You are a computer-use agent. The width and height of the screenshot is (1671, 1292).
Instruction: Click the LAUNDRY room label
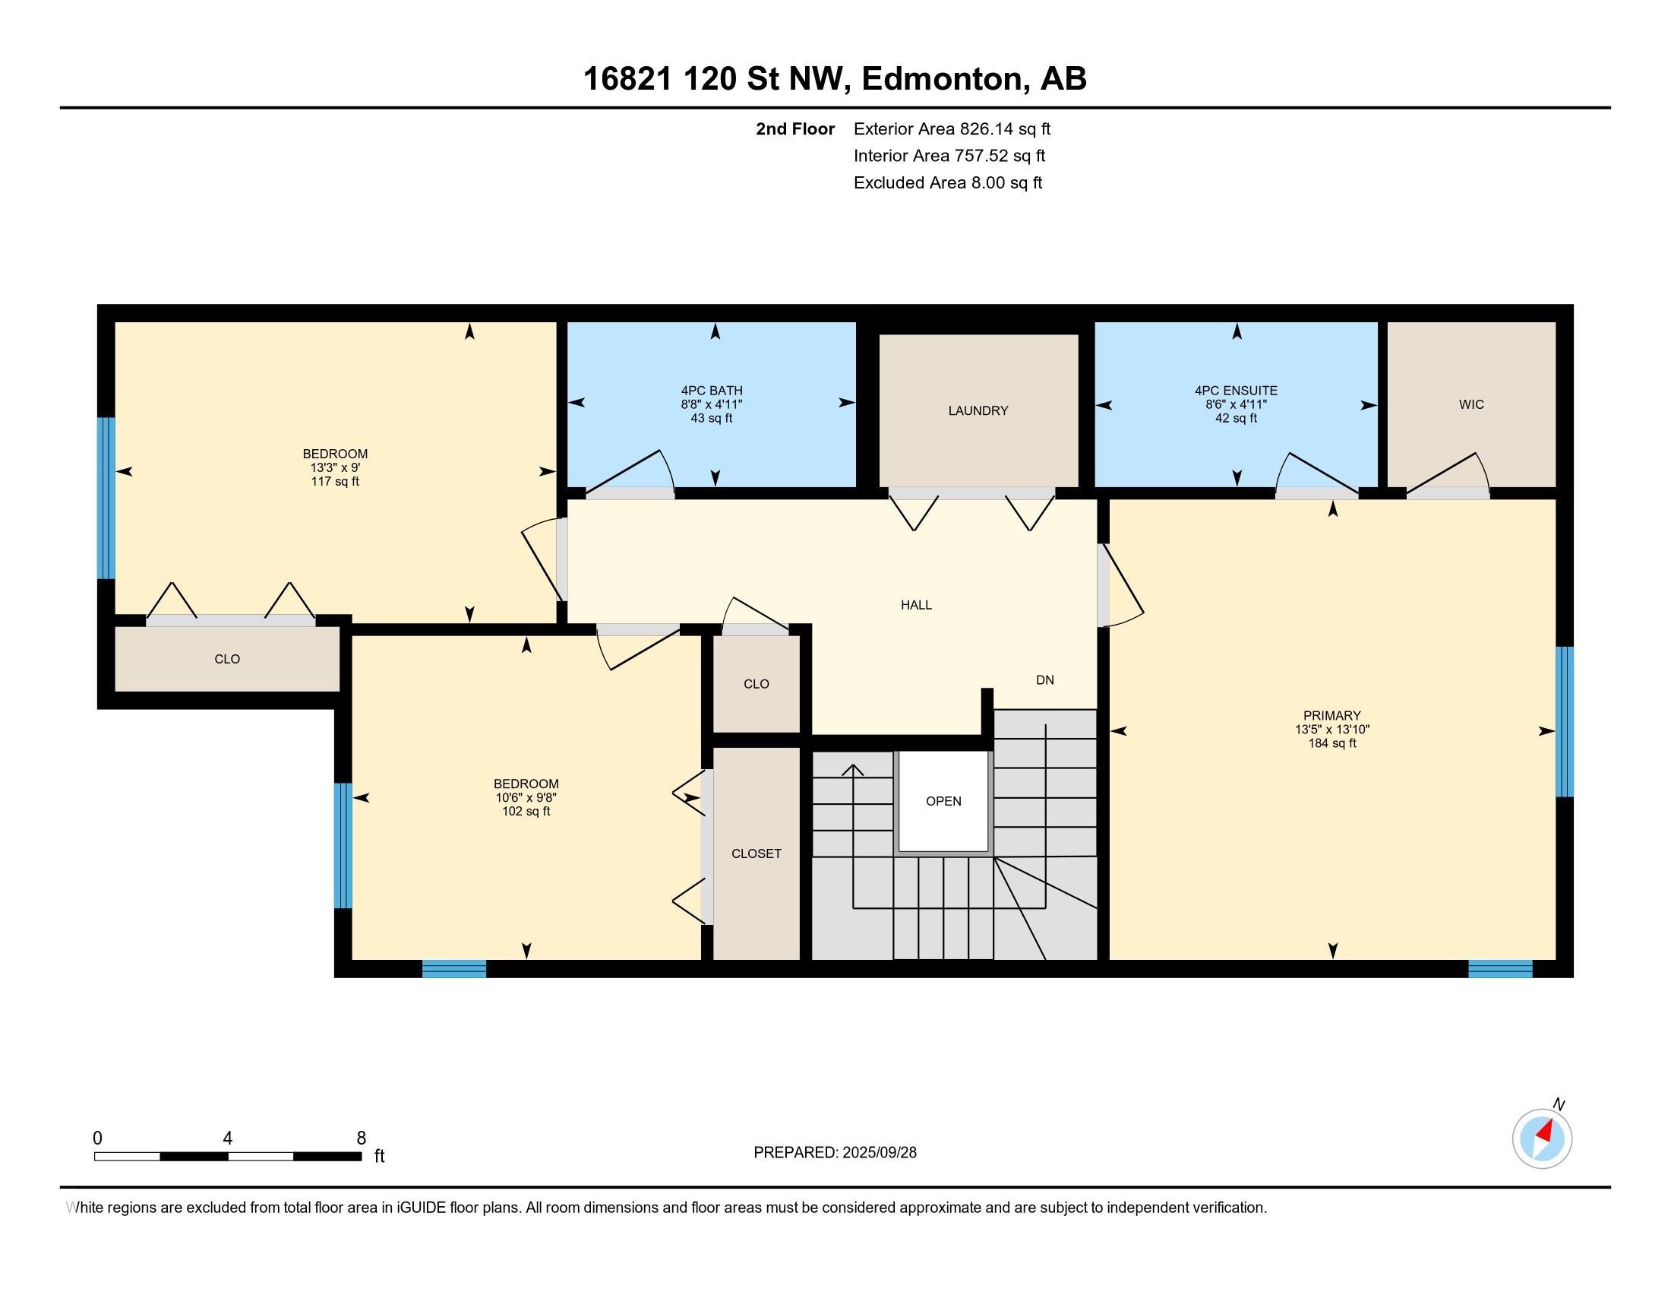[978, 411]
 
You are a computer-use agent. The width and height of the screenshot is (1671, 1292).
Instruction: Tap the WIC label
[1471, 405]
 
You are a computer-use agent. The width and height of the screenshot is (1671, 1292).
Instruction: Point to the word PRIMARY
[1332, 716]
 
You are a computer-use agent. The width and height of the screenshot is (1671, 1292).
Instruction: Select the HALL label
[916, 606]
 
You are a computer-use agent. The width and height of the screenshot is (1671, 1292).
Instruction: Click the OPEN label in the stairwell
[943, 801]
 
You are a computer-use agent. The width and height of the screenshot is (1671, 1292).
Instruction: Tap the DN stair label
[1045, 679]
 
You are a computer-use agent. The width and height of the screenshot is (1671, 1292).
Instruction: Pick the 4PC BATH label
[712, 391]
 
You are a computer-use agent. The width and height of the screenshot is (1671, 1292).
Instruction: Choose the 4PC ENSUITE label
[1237, 391]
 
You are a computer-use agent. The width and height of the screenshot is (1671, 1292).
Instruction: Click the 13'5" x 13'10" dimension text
[1332, 730]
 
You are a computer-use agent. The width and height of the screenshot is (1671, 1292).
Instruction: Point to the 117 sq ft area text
[335, 481]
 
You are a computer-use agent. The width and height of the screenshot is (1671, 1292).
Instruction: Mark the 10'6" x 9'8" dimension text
[526, 797]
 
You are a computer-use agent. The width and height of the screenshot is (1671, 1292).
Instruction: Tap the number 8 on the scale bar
[361, 1138]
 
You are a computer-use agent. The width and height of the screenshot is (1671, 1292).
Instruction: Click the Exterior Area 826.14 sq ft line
[952, 128]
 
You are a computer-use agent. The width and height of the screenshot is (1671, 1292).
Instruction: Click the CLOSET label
[756, 853]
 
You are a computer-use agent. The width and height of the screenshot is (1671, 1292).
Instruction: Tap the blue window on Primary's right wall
[1565, 722]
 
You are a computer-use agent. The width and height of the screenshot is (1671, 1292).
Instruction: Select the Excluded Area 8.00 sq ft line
[948, 183]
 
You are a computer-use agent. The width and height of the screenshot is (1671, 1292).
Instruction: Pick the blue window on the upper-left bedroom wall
[106, 499]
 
